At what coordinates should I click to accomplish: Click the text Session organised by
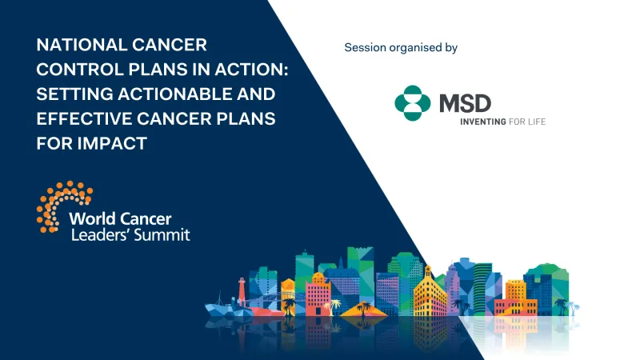click(x=400, y=48)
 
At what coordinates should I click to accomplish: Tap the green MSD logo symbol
click(x=413, y=103)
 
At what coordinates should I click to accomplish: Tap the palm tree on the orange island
click(x=364, y=306)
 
